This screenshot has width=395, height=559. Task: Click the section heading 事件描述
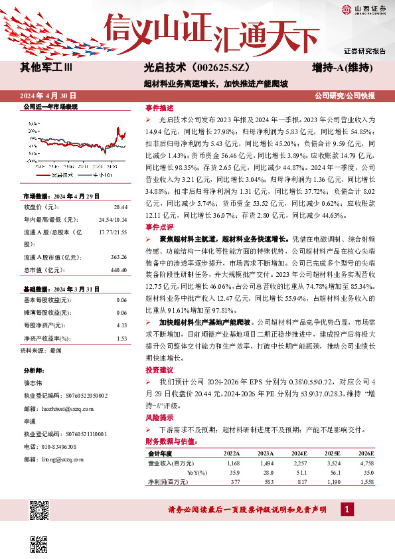tap(159, 108)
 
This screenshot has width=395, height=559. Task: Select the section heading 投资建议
tap(159, 369)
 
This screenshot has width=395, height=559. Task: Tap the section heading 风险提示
tap(159, 419)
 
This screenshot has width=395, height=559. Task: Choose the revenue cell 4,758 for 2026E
tap(366, 463)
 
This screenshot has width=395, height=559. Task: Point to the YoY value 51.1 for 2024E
tap(297, 473)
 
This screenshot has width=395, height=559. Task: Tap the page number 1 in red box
tap(346, 509)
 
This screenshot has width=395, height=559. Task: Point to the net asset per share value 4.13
tap(121, 326)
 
